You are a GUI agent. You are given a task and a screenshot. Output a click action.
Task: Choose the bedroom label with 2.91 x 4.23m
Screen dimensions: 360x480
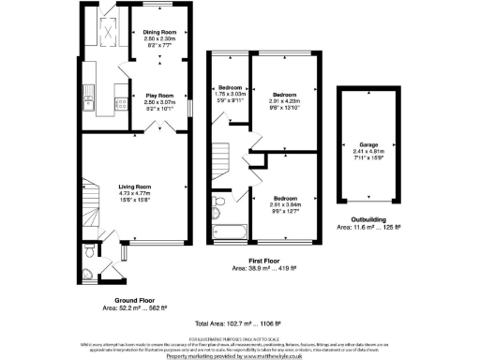point(284,95)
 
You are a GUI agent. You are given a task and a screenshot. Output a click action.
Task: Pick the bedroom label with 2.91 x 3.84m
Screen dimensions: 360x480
point(286,200)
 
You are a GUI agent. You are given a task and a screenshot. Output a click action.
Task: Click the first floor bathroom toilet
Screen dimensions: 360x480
point(219,200)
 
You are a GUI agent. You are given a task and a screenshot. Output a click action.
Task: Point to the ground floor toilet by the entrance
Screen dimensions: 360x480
point(87,251)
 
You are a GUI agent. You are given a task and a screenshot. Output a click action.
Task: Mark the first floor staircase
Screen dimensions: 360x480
point(221,153)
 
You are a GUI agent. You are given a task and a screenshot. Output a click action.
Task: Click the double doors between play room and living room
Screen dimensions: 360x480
point(140,131)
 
